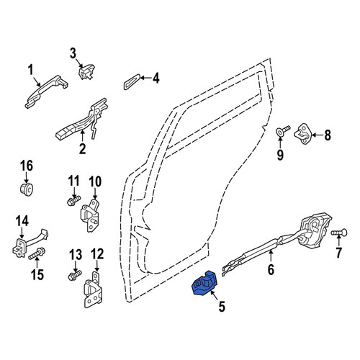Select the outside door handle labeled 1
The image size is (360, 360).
(x=46, y=91)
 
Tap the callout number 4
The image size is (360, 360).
(x=156, y=78)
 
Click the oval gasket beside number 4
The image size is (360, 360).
(x=132, y=82)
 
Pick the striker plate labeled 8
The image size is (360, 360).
(x=303, y=135)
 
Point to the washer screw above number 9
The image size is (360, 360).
(x=283, y=130)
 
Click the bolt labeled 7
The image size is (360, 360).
(x=339, y=233)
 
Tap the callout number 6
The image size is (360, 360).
(x=271, y=270)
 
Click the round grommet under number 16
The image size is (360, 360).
(x=27, y=189)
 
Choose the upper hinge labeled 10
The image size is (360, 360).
(x=90, y=215)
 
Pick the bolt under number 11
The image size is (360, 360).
(x=73, y=201)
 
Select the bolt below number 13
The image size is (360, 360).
(x=75, y=275)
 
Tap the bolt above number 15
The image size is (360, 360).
(x=37, y=253)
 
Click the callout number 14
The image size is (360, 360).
(x=22, y=221)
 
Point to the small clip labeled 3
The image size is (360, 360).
(x=86, y=71)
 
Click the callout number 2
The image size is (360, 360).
(x=82, y=149)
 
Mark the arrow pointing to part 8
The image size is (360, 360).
(x=318, y=135)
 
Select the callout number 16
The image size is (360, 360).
(x=27, y=166)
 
